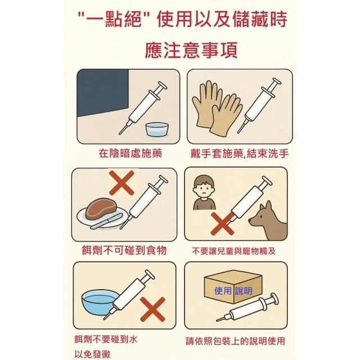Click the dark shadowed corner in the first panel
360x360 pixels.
coord(102,92)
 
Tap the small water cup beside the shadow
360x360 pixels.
coord(157,130)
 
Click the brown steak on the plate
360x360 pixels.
coord(101,208)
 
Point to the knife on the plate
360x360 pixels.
coord(106,222)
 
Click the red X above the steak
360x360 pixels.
coord(121,183)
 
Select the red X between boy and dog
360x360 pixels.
coord(222,224)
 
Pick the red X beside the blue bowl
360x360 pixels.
coord(152,309)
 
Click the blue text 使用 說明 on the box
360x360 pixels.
coord(233,291)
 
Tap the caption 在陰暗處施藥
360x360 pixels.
coord(130,154)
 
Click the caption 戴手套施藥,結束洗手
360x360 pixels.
coord(239,154)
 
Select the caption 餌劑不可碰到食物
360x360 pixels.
coord(124,250)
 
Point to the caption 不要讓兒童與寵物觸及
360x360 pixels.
coord(234,251)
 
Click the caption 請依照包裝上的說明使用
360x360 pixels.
coord(235,341)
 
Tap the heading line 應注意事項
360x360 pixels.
coord(191,50)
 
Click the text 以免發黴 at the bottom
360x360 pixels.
coord(92,354)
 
